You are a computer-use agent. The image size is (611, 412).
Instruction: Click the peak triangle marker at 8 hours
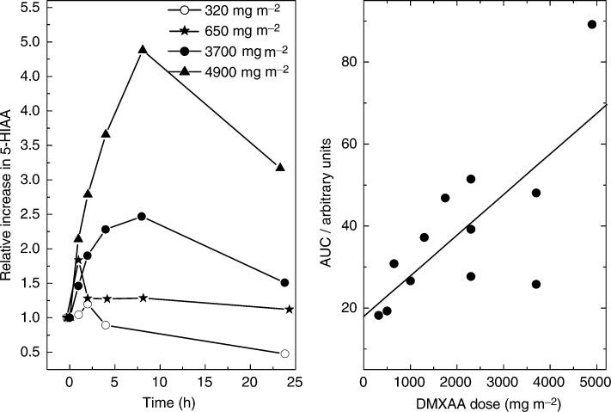coord(143,50)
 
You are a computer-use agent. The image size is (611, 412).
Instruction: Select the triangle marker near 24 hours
coord(280,167)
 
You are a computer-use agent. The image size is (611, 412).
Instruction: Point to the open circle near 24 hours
coord(284,354)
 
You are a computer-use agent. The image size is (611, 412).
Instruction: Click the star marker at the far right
coord(290,309)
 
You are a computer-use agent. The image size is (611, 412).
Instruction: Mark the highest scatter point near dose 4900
coord(591,24)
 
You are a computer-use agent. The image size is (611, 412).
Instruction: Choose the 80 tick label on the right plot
coord(341,62)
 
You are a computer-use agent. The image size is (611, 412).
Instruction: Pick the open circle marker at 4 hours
coord(106,325)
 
